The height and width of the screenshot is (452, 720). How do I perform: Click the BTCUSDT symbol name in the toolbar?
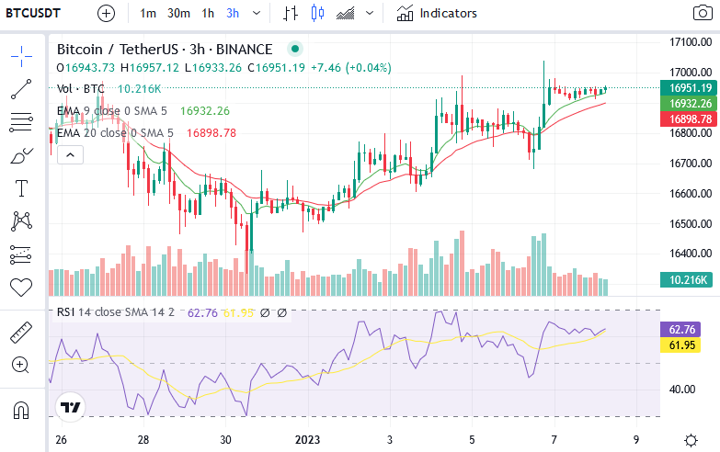(x=33, y=13)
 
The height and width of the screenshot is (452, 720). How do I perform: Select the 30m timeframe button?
(x=178, y=13)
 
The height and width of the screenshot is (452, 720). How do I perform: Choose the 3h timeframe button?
(x=233, y=13)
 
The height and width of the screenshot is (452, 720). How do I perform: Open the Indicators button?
(x=437, y=13)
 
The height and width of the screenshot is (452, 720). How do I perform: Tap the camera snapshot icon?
(x=703, y=13)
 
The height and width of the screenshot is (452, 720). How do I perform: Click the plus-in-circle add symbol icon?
(x=106, y=13)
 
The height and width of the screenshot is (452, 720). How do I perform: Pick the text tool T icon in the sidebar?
(x=21, y=188)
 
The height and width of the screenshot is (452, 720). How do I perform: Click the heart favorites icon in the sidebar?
(x=21, y=288)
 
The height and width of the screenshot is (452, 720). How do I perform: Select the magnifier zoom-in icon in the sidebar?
(x=20, y=366)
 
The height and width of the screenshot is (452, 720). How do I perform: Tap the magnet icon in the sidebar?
(x=21, y=410)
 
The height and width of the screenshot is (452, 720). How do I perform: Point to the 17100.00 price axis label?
(x=691, y=42)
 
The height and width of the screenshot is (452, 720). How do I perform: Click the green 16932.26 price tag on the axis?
(x=689, y=103)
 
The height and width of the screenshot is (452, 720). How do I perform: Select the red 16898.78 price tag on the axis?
(x=689, y=119)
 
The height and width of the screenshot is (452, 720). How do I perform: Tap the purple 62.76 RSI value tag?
(x=680, y=330)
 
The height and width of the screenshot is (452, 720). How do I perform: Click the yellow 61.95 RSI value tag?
(x=680, y=345)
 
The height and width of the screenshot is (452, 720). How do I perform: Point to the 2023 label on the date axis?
(x=307, y=440)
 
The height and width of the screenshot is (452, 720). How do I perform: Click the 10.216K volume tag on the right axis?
(x=686, y=280)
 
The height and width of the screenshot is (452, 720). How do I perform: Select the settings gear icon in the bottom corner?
(x=691, y=441)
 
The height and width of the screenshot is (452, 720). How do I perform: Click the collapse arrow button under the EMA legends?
(x=70, y=155)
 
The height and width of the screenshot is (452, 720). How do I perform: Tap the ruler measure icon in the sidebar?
(x=21, y=333)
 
